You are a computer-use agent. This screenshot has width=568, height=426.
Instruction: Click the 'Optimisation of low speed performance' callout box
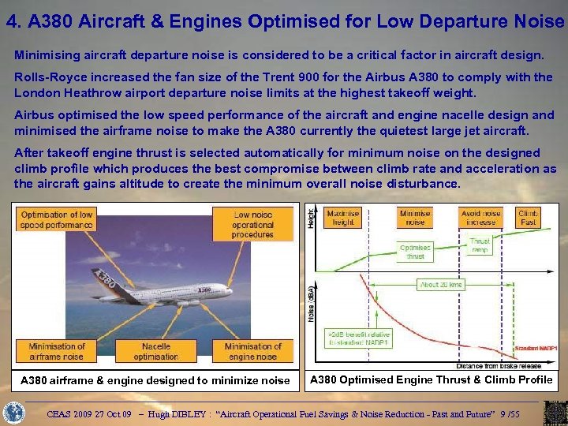pos(56,220)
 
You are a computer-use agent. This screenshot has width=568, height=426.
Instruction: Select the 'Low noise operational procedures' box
pos(253,224)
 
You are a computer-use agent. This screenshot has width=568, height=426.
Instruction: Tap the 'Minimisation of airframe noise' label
pos(56,351)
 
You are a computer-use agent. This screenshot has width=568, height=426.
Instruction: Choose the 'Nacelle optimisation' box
pos(155,351)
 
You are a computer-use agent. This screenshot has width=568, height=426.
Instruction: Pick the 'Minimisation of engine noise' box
pos(253,351)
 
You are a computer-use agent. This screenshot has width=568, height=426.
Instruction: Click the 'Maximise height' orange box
pos(342,218)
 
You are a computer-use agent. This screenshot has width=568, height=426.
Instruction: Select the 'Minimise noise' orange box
pos(415,218)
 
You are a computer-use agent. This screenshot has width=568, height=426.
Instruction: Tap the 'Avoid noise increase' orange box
pos(480,218)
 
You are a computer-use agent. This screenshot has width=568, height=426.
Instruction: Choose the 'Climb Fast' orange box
pos(528,218)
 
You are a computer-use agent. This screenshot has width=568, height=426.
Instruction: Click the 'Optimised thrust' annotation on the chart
pos(415,252)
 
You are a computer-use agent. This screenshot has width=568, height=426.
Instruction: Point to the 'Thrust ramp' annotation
pos(480,245)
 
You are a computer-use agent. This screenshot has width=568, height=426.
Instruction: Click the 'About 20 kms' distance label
pos(442,284)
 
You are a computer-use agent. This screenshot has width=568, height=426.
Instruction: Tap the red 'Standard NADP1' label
pos(536,348)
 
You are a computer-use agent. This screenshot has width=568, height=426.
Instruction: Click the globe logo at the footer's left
pos(14,413)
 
